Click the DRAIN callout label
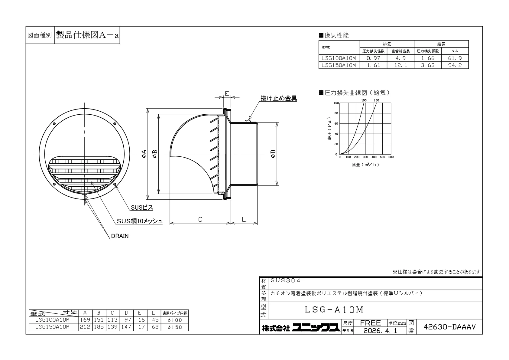click(120, 236)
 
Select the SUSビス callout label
click(142, 208)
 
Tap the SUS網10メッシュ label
click(140, 221)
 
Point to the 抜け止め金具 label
click(279, 98)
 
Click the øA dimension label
click(144, 154)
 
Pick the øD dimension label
click(273, 154)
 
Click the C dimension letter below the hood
click(200, 219)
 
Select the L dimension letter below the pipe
click(244, 219)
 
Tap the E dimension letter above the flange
click(227, 93)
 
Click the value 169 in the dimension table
click(85, 320)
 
